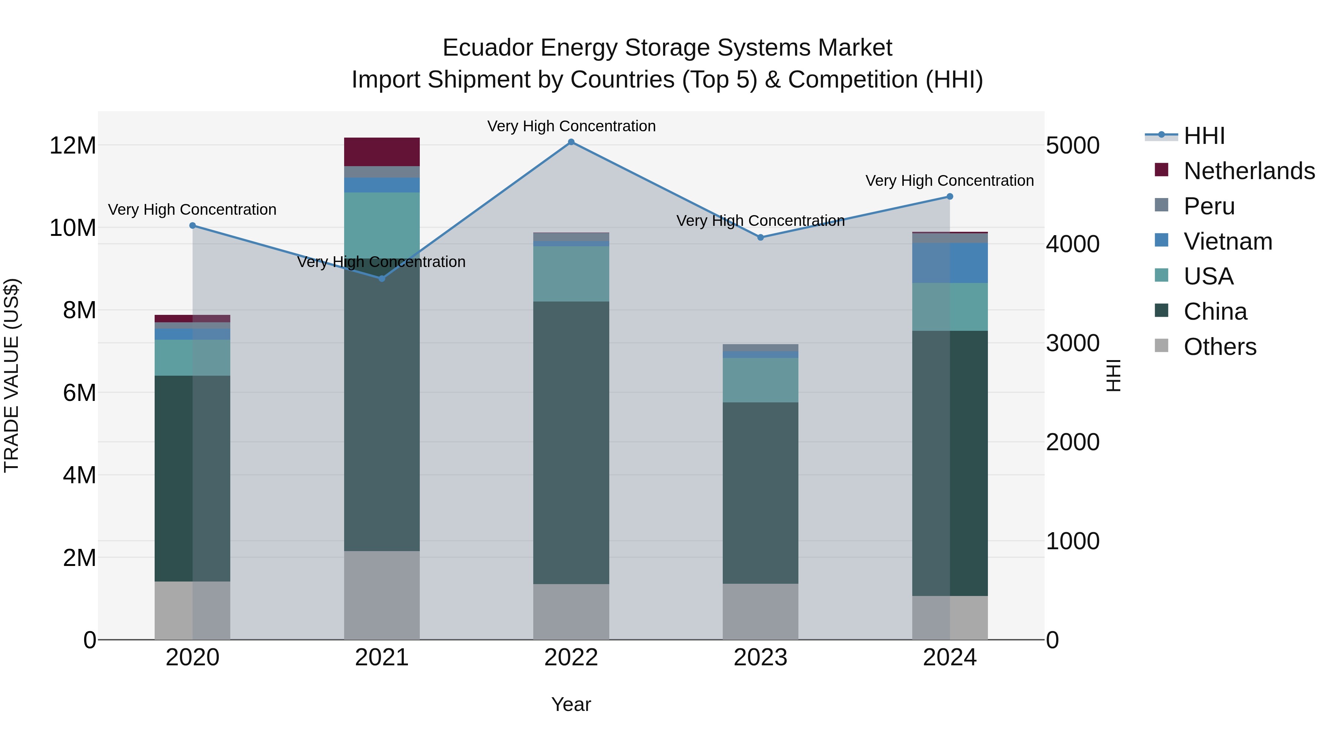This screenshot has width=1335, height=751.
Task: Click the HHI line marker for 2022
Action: pos(571,142)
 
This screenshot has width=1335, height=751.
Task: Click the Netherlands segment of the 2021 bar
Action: pos(382,152)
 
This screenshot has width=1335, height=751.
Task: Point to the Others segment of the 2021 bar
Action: pos(382,595)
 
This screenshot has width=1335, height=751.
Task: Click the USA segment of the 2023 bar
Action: pos(760,380)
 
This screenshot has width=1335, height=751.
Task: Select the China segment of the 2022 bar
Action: pos(571,443)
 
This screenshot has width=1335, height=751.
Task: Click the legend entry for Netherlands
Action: pos(1249,171)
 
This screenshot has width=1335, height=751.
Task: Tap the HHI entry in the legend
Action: pos(1204,136)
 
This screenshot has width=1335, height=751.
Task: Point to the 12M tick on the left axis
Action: pos(73,146)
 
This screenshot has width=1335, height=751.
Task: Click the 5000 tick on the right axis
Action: pos(1072,146)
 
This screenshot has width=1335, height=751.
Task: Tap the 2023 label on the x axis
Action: pos(760,658)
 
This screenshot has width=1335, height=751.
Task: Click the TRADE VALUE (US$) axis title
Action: pos(11,375)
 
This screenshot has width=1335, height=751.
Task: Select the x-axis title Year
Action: pos(571,704)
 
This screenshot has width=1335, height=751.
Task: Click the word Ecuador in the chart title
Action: pos(488,48)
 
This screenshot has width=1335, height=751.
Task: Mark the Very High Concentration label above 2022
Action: pos(571,126)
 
